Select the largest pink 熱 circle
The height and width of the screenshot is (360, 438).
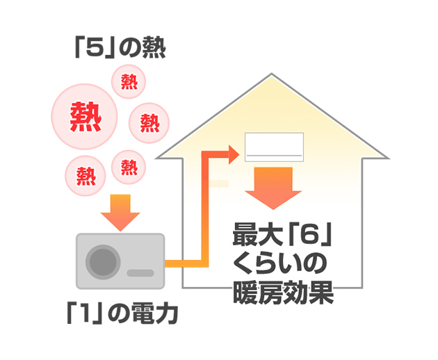[86, 116]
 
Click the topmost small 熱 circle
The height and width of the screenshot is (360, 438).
[129, 82]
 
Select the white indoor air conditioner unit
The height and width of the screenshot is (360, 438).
[275, 147]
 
